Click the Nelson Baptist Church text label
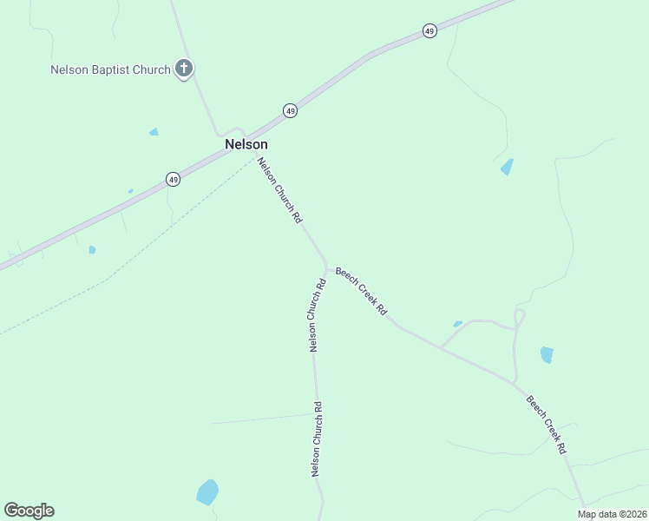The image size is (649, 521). coord(109,69)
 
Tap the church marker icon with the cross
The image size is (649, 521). coord(183,68)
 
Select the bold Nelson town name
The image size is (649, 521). coord(246,145)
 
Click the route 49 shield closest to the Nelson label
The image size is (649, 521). coord(290,110)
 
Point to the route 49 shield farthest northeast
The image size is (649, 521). coord(429,31)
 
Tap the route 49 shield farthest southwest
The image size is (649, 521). coord(174,179)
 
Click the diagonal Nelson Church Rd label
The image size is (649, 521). coord(279,193)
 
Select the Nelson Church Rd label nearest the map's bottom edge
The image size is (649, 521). coord(317,439)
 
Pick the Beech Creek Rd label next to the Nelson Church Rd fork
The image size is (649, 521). coord(361,290)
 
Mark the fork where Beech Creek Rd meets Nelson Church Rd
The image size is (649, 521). coord(326,266)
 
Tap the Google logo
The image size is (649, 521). coord(29,511)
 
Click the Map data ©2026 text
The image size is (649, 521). coord(612,514)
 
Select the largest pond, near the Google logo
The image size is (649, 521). coord(207,492)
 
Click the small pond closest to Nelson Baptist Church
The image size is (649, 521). coord(154,132)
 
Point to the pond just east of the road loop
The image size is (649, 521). coord(547,354)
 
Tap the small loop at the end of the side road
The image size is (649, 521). coord(520,317)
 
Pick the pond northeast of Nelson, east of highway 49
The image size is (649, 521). coord(507,167)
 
